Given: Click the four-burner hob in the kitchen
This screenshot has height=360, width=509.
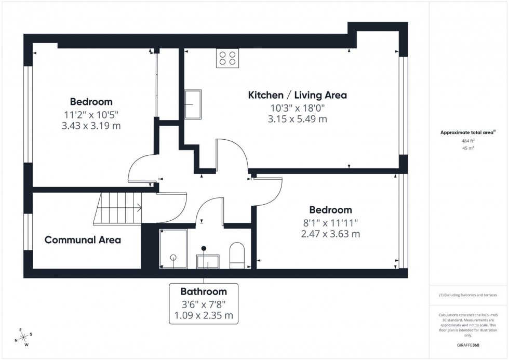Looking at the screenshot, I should tap(227, 58).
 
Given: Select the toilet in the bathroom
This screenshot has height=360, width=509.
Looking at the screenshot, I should tap(237, 256).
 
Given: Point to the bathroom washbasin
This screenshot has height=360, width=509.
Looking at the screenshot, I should tap(207, 261).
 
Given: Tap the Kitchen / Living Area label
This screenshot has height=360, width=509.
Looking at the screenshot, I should tap(297, 95).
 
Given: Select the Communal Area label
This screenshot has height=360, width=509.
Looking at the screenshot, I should tap(83, 240).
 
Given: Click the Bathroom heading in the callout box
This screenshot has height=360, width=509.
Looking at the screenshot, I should tap(204, 291).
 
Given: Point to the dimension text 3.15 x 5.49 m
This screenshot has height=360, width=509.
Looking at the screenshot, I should tap(297, 119).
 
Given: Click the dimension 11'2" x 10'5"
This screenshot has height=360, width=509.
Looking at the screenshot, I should tap(91, 114).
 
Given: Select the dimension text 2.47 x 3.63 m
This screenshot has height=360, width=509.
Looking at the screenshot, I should tap(330, 234).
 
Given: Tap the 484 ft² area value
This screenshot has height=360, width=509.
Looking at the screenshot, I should tap(468, 141).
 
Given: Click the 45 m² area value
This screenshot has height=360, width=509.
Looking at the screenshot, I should tap(468, 148).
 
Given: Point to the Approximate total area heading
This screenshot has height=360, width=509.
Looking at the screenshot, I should tap(467, 132).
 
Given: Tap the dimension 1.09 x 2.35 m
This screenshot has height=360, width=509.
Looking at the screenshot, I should tap(204, 315).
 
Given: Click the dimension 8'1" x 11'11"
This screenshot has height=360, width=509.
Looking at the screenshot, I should tap(330, 222).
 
